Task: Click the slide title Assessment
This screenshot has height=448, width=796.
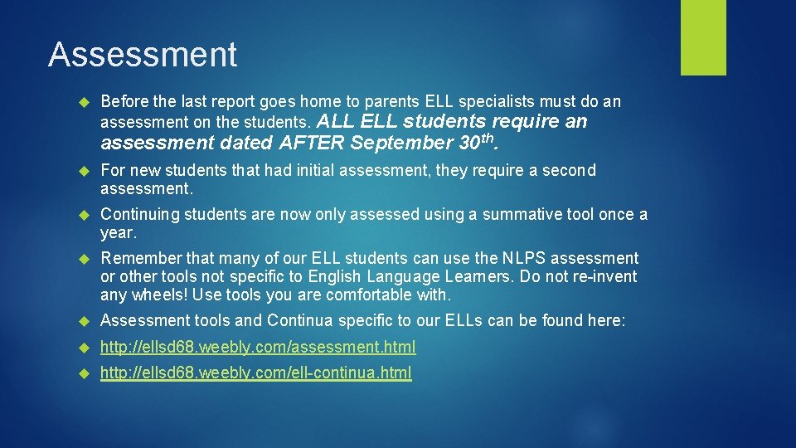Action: (x=143, y=55)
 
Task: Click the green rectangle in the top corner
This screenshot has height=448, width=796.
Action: (x=703, y=37)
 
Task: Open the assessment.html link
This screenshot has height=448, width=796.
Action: (x=258, y=347)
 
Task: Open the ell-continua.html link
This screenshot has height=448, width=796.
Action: (x=255, y=373)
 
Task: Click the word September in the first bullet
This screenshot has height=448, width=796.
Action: (x=402, y=143)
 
